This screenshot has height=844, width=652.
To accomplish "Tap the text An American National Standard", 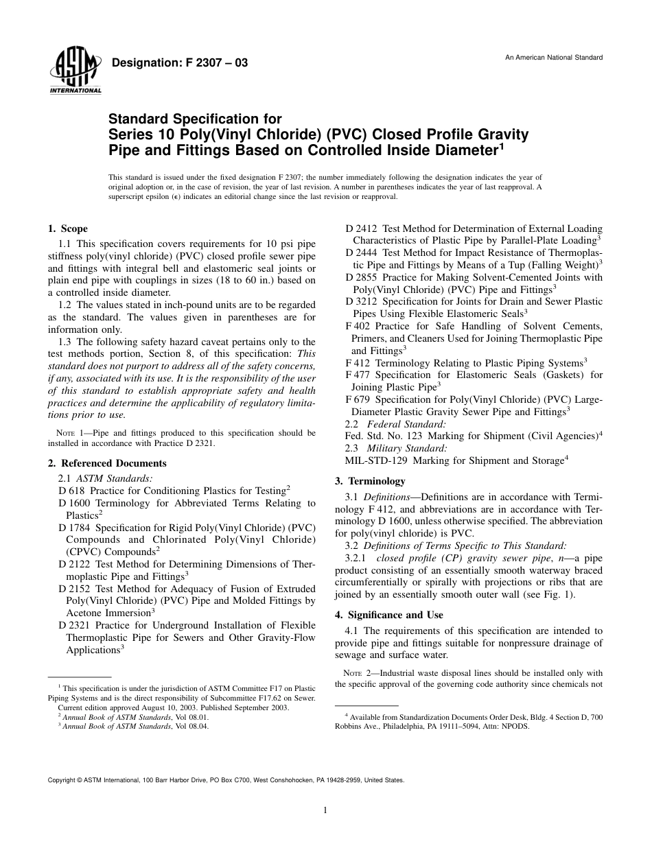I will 554,58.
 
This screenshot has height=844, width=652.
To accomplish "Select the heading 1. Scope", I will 67,228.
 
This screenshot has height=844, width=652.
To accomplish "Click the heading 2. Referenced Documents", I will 107,463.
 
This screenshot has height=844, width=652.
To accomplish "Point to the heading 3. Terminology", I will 370,481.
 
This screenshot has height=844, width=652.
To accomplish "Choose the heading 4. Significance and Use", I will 388,615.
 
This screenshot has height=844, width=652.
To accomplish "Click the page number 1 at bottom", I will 325,810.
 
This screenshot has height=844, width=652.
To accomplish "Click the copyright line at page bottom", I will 226,780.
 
